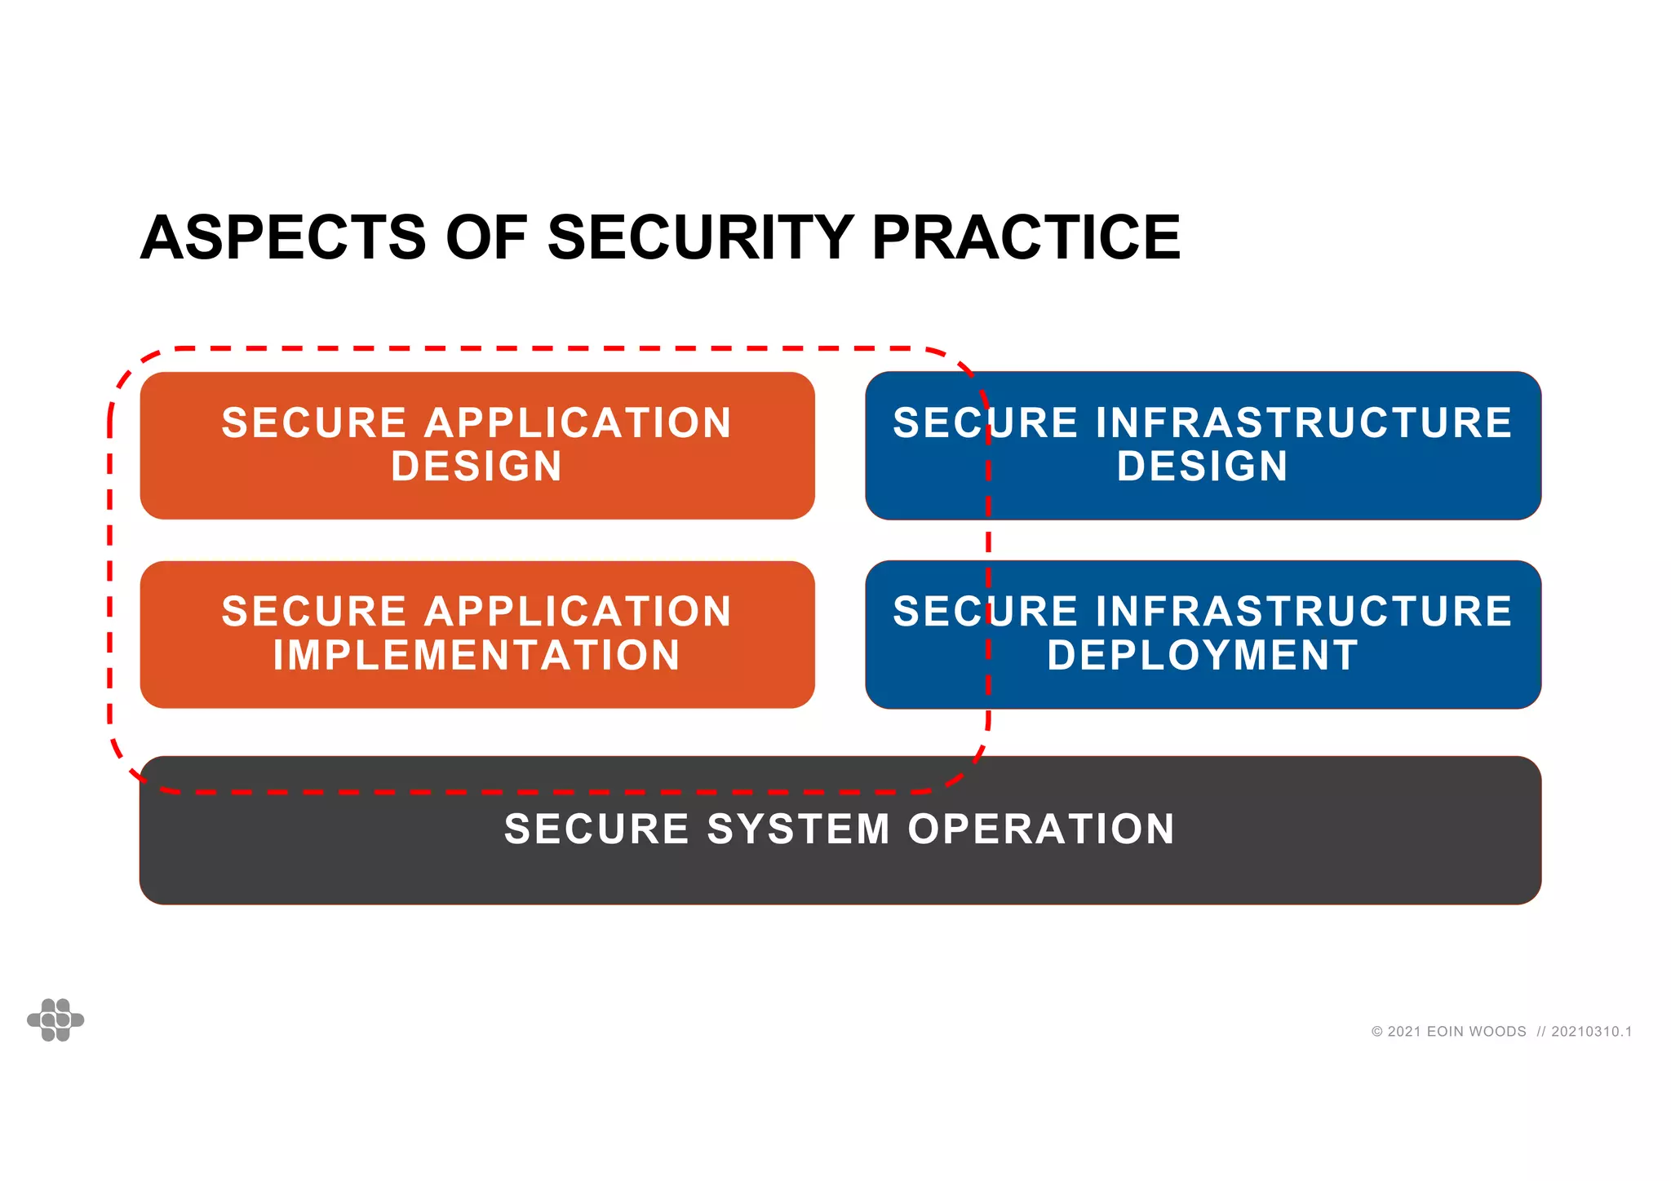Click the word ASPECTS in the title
pyautogui.click(x=283, y=238)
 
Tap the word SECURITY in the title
pyautogui.click(x=701, y=238)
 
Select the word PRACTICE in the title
pyautogui.click(x=1026, y=238)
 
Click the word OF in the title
pyautogui.click(x=486, y=238)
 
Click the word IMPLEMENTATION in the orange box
pyautogui.click(x=477, y=655)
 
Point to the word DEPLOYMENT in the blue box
pyautogui.click(x=1203, y=655)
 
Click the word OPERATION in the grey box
pyautogui.click(x=1041, y=829)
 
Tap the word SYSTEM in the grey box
pyautogui.click(x=798, y=829)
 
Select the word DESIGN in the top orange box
pyautogui.click(x=477, y=467)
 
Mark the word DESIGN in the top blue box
pyautogui.click(x=1203, y=467)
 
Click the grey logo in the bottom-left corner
pyautogui.click(x=55, y=1020)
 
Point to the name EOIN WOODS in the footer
pyautogui.click(x=1476, y=1032)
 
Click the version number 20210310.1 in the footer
pyautogui.click(x=1591, y=1032)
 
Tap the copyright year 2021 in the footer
pyautogui.click(x=1404, y=1032)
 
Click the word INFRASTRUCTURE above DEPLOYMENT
pyautogui.click(x=1303, y=612)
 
